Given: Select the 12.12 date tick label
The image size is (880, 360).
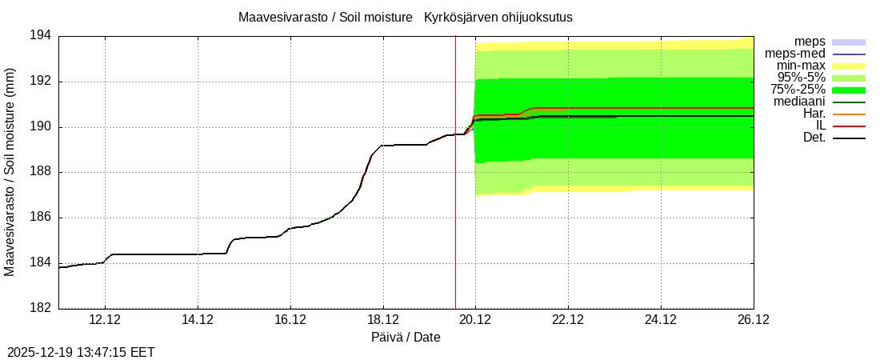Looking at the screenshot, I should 105,320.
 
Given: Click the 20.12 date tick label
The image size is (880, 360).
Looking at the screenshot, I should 475,320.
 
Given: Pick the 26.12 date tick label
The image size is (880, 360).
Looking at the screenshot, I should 753,320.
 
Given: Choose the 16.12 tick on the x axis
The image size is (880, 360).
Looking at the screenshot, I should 290,320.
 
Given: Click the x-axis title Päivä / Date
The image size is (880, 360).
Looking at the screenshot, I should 406,337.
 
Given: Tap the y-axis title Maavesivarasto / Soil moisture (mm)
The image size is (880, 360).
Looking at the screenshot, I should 10,172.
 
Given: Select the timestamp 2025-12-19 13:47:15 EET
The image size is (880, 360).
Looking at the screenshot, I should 81,352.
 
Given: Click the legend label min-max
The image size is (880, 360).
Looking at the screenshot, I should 801,66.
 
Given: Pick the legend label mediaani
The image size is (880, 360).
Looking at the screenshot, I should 799,102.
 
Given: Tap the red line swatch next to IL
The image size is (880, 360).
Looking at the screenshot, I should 849,126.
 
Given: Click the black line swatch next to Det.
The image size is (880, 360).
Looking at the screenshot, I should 849,138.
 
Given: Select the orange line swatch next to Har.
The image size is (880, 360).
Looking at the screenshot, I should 849,114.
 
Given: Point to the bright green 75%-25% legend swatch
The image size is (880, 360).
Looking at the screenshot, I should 849,90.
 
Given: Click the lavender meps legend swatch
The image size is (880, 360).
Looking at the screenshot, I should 849,42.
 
